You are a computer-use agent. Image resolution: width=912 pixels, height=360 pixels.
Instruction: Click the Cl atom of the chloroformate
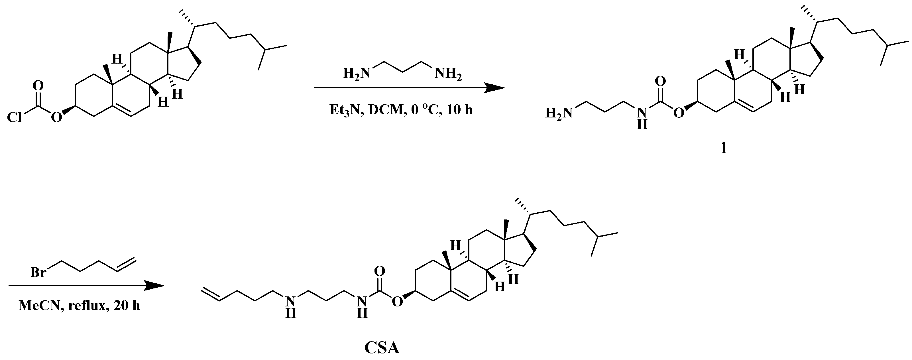click(x=15, y=117)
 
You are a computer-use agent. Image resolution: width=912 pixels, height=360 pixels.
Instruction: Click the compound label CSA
click(x=382, y=348)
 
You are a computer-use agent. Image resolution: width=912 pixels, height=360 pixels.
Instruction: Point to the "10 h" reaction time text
click(x=459, y=110)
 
